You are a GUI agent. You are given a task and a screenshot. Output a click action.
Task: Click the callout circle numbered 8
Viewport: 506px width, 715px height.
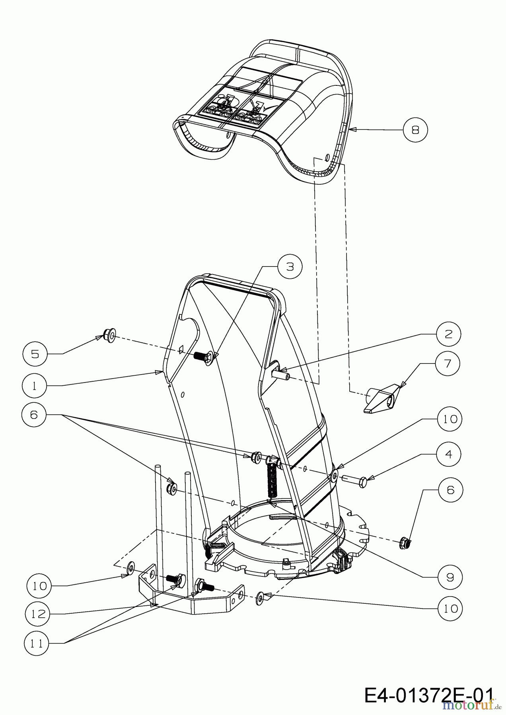tap(415, 129)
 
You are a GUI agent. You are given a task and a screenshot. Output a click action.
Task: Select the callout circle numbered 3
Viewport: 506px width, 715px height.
tap(290, 267)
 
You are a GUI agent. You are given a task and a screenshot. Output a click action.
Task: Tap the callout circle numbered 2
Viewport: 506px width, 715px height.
tap(448, 334)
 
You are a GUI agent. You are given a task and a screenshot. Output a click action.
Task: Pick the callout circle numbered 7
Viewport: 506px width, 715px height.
tap(448, 363)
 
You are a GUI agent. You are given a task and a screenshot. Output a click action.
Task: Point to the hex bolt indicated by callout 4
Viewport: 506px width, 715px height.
tap(358, 482)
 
